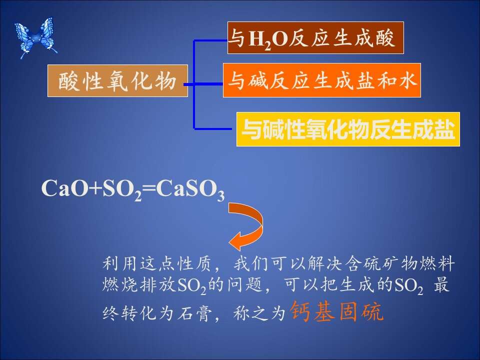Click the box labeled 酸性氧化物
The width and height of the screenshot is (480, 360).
pos(117,81)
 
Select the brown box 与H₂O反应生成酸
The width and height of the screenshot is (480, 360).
pos(315,38)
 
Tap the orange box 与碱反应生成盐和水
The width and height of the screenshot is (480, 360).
pos(321,80)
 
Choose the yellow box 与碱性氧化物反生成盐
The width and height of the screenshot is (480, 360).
pos(348,129)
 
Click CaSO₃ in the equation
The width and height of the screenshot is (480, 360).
pos(190,190)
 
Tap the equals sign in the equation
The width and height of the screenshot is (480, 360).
pos(149,187)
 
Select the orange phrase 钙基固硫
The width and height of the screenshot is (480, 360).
pos(336,311)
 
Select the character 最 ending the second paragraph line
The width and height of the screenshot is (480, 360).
pos(441,285)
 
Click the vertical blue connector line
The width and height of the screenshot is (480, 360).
pos(194,84)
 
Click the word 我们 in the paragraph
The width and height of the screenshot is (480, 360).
pos(251,263)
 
